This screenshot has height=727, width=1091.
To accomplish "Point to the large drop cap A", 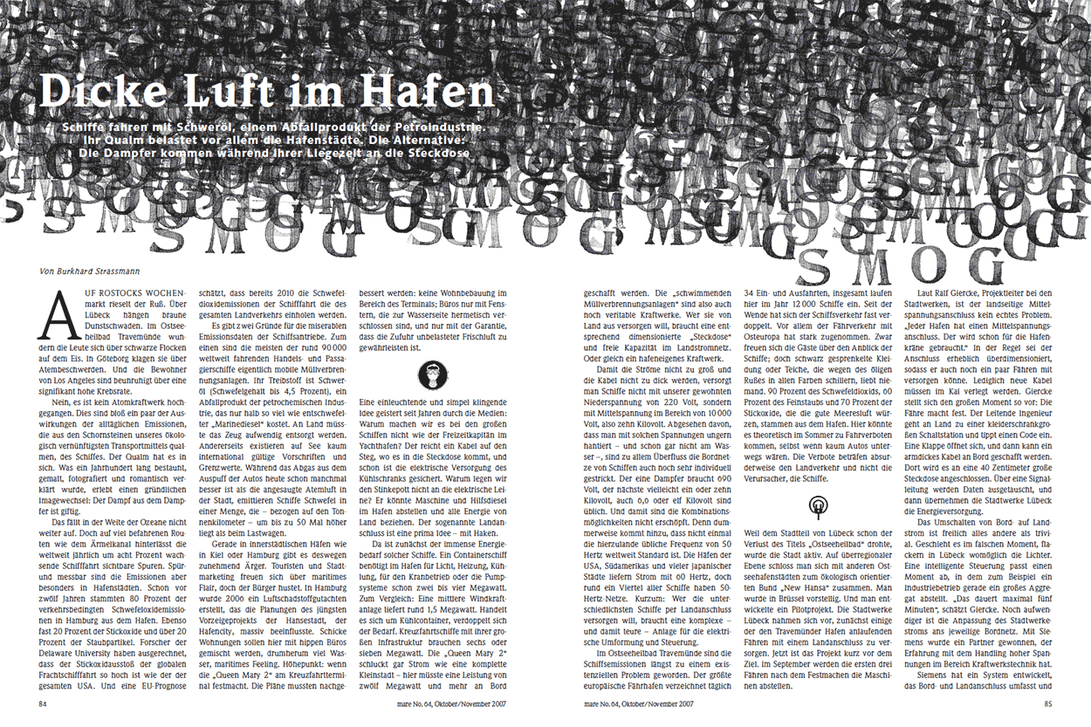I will (55, 313).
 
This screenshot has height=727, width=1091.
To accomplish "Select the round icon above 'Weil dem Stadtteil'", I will (819, 505).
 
